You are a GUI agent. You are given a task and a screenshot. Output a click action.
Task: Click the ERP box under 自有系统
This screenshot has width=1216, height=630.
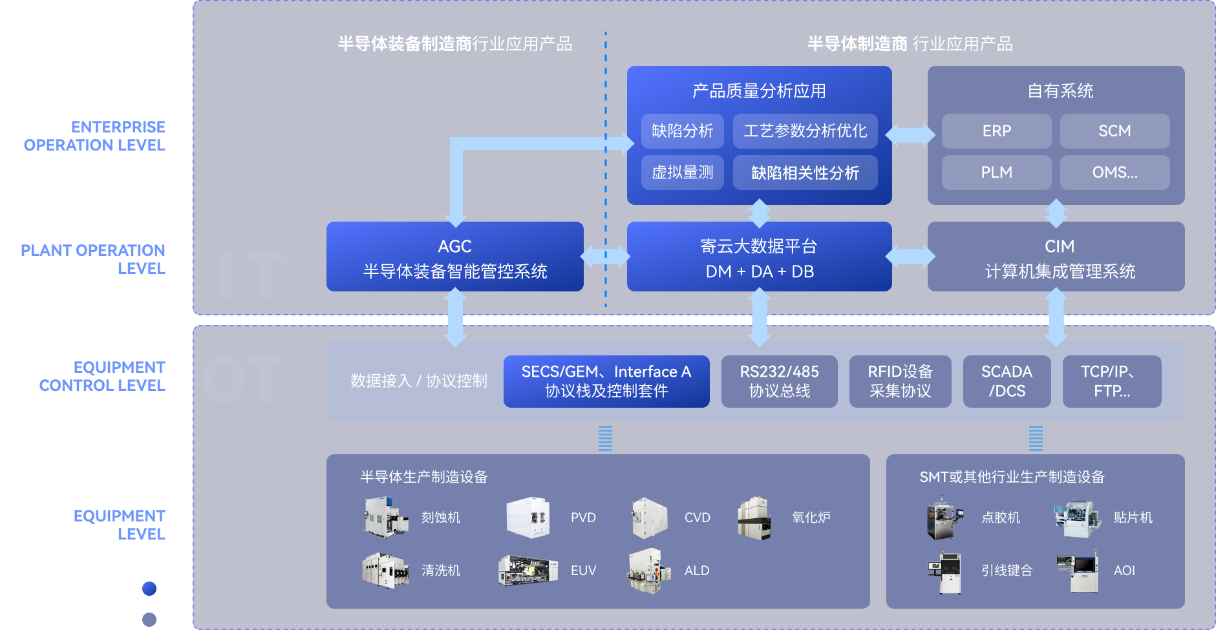click(996, 131)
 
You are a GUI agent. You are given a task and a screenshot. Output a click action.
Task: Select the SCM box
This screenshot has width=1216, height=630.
click(1115, 131)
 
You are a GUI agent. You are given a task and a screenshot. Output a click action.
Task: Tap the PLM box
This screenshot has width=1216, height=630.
click(996, 173)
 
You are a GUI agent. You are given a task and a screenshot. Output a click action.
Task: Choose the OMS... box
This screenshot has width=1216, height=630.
click(1115, 173)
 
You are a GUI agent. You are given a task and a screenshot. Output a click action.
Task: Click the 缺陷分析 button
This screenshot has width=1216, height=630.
click(682, 131)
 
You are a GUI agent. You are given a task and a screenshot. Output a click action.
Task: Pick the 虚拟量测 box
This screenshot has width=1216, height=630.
click(682, 173)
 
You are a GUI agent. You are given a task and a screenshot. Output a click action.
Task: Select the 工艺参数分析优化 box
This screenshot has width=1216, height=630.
click(805, 131)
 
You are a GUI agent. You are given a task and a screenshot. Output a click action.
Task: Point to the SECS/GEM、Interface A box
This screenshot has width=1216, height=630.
click(606, 381)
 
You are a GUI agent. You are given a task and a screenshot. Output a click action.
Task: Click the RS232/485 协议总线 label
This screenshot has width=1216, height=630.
click(779, 381)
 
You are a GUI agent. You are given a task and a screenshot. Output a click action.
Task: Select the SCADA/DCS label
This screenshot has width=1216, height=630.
click(1007, 381)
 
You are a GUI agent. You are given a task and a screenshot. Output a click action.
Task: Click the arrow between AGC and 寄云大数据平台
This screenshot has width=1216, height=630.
click(605, 257)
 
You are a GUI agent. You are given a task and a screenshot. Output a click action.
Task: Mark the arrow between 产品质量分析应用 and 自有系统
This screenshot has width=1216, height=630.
click(910, 134)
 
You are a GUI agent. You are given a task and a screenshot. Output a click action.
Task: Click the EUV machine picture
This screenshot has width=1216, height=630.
click(528, 571)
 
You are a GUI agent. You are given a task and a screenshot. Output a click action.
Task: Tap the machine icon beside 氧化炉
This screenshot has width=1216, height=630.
click(755, 518)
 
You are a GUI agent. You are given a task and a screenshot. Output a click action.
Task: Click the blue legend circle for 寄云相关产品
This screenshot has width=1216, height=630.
click(149, 589)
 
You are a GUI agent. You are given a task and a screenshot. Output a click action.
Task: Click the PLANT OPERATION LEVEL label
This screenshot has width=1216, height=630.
click(93, 259)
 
